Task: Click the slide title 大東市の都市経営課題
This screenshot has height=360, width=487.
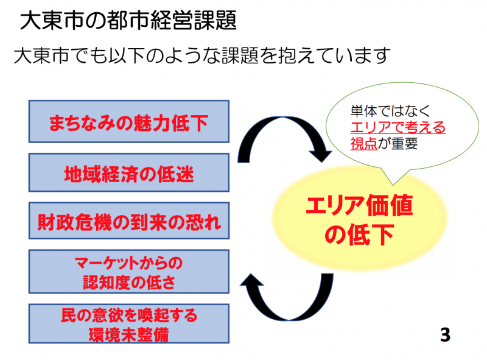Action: coord(128,21)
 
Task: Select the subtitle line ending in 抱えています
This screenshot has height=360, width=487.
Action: coord(202,55)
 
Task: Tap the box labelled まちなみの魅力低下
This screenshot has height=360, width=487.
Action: coord(129,122)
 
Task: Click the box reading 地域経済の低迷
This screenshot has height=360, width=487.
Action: coord(129,172)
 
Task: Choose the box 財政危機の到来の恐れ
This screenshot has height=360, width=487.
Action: coord(129,221)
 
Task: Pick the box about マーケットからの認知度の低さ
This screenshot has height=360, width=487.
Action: coord(129,272)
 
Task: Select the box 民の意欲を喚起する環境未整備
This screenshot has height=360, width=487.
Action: coord(129,323)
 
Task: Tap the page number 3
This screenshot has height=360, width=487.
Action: coord(445,335)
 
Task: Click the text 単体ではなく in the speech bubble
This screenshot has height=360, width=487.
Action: coord(390,111)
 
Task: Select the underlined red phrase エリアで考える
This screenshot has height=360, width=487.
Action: coord(398,127)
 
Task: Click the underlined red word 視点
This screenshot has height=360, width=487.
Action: coord(363,144)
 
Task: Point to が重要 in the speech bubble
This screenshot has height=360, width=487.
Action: coord(398,144)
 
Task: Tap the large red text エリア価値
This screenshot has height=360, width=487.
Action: coord(359,205)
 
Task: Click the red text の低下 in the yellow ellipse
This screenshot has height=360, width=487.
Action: coord(359,235)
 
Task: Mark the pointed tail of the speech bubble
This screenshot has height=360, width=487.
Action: coord(393,185)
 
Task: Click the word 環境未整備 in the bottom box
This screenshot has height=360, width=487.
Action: coord(129,334)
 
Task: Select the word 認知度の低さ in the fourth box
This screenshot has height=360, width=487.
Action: coord(129,282)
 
